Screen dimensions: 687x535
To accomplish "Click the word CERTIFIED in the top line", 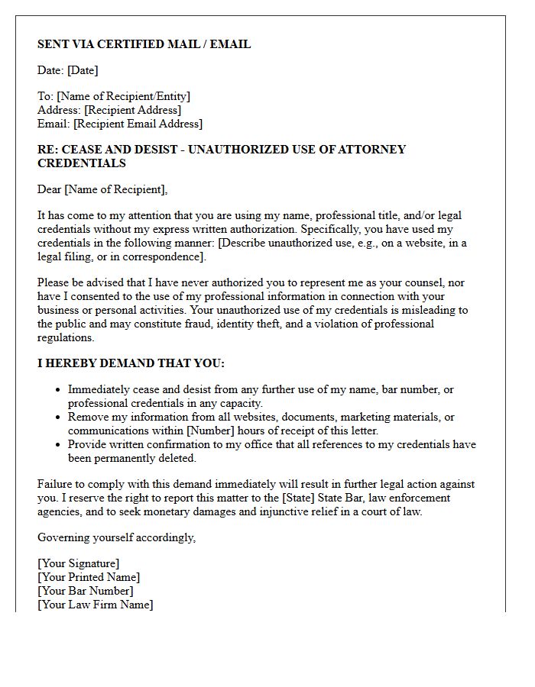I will [x=128, y=44].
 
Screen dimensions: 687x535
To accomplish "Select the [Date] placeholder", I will [x=83, y=70].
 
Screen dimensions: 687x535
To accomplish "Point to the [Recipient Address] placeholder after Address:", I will [x=132, y=110].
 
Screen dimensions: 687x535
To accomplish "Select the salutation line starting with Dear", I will [x=102, y=189].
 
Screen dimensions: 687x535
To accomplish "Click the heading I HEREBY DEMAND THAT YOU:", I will [x=131, y=363].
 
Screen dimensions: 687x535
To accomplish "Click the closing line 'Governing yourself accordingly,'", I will [x=116, y=537].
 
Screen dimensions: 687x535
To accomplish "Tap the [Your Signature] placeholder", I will [x=78, y=563].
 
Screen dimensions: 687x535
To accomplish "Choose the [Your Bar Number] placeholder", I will [x=85, y=591].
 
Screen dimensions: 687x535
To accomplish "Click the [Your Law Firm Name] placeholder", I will [x=95, y=605].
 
